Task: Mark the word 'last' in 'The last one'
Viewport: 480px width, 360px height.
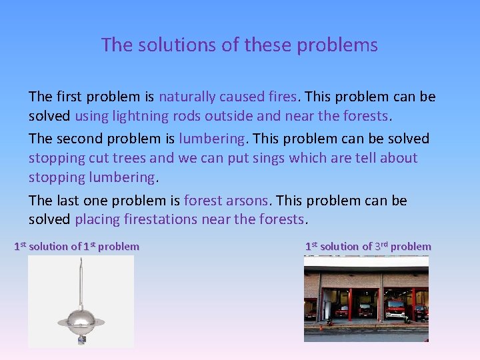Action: click(x=67, y=201)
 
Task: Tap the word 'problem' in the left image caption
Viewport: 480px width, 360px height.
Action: click(x=119, y=247)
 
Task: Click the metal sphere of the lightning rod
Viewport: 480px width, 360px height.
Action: click(x=81, y=319)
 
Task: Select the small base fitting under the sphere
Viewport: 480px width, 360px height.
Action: click(x=81, y=340)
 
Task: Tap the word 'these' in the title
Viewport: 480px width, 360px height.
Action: click(x=268, y=45)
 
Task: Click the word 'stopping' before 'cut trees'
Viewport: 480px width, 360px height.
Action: click(x=55, y=158)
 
